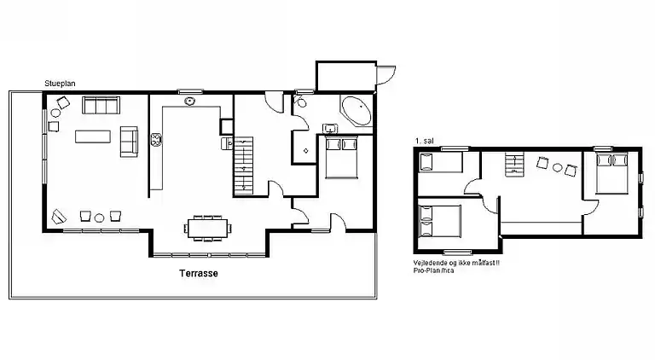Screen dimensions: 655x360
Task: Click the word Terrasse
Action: [199, 273]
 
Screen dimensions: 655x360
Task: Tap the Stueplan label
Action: [60, 84]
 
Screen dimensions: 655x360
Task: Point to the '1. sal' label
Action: [425, 141]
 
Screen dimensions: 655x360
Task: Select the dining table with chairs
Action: [208, 228]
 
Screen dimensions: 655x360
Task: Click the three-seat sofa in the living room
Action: [101, 105]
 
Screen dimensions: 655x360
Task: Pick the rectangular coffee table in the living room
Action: [93, 136]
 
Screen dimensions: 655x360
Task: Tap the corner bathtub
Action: [356, 111]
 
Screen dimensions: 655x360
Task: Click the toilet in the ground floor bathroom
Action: [300, 101]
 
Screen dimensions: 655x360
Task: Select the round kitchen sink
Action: [190, 101]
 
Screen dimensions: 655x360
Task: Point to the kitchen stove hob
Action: [156, 140]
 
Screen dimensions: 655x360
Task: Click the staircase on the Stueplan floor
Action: [244, 166]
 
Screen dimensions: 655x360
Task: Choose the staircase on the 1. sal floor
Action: [514, 164]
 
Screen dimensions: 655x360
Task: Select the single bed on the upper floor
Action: [441, 162]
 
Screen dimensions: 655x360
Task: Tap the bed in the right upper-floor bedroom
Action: [612, 173]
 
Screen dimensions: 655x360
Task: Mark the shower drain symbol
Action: [306, 151]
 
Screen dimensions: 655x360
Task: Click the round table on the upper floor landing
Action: [557, 168]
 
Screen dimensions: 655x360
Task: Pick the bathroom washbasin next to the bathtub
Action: [330, 128]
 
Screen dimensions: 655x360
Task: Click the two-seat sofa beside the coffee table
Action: [129, 142]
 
